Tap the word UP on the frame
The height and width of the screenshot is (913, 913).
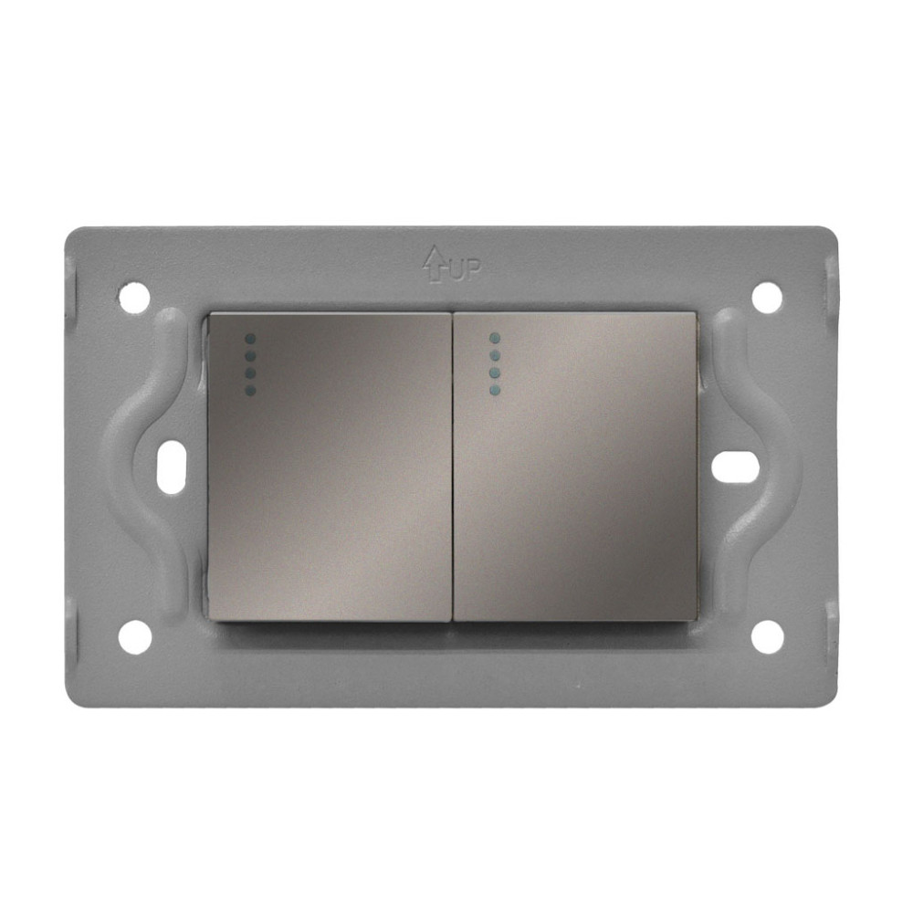pos(464,270)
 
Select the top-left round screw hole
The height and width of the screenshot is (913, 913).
pos(134,298)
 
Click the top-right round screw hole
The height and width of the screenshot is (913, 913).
pos(767,297)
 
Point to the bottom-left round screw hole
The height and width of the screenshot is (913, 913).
pos(135,636)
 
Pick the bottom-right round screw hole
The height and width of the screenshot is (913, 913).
pos(767,636)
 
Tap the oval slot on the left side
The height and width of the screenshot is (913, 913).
pos(171,467)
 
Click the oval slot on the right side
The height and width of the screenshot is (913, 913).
pos(735,467)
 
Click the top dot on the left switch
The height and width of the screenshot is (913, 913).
pos(250,339)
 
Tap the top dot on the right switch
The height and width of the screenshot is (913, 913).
pos(494,338)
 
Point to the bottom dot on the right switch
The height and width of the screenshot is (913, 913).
pos(494,391)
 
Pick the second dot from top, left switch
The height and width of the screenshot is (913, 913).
pos(250,356)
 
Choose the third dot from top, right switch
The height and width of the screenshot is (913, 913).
pos(494,373)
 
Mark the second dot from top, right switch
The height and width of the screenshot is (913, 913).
pos(494,356)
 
